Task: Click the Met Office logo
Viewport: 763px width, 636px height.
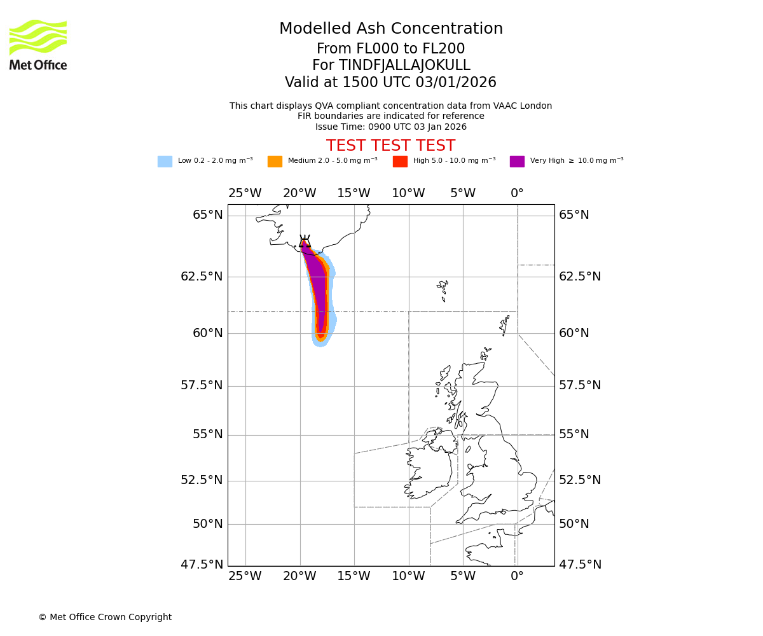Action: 38,45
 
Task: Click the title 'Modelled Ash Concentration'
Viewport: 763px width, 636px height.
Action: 391,29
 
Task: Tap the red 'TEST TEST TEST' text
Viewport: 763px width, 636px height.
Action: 391,146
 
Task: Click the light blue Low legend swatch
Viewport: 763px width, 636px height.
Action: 165,162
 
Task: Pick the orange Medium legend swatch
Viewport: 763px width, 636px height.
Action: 275,162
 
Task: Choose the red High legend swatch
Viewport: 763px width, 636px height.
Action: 400,162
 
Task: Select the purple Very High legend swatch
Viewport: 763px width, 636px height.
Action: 517,162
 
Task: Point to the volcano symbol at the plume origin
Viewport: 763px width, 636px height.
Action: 305,241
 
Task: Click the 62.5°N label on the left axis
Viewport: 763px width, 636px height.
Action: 202,277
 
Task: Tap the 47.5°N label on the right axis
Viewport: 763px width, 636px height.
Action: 580,565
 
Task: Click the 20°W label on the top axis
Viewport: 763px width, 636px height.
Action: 299,193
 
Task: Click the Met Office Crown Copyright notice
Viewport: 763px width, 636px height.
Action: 105,618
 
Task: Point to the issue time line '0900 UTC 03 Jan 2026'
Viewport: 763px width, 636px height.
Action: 391,127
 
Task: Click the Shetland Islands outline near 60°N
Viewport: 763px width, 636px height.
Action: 505,325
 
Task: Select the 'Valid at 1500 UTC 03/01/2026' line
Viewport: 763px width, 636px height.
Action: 391,83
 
